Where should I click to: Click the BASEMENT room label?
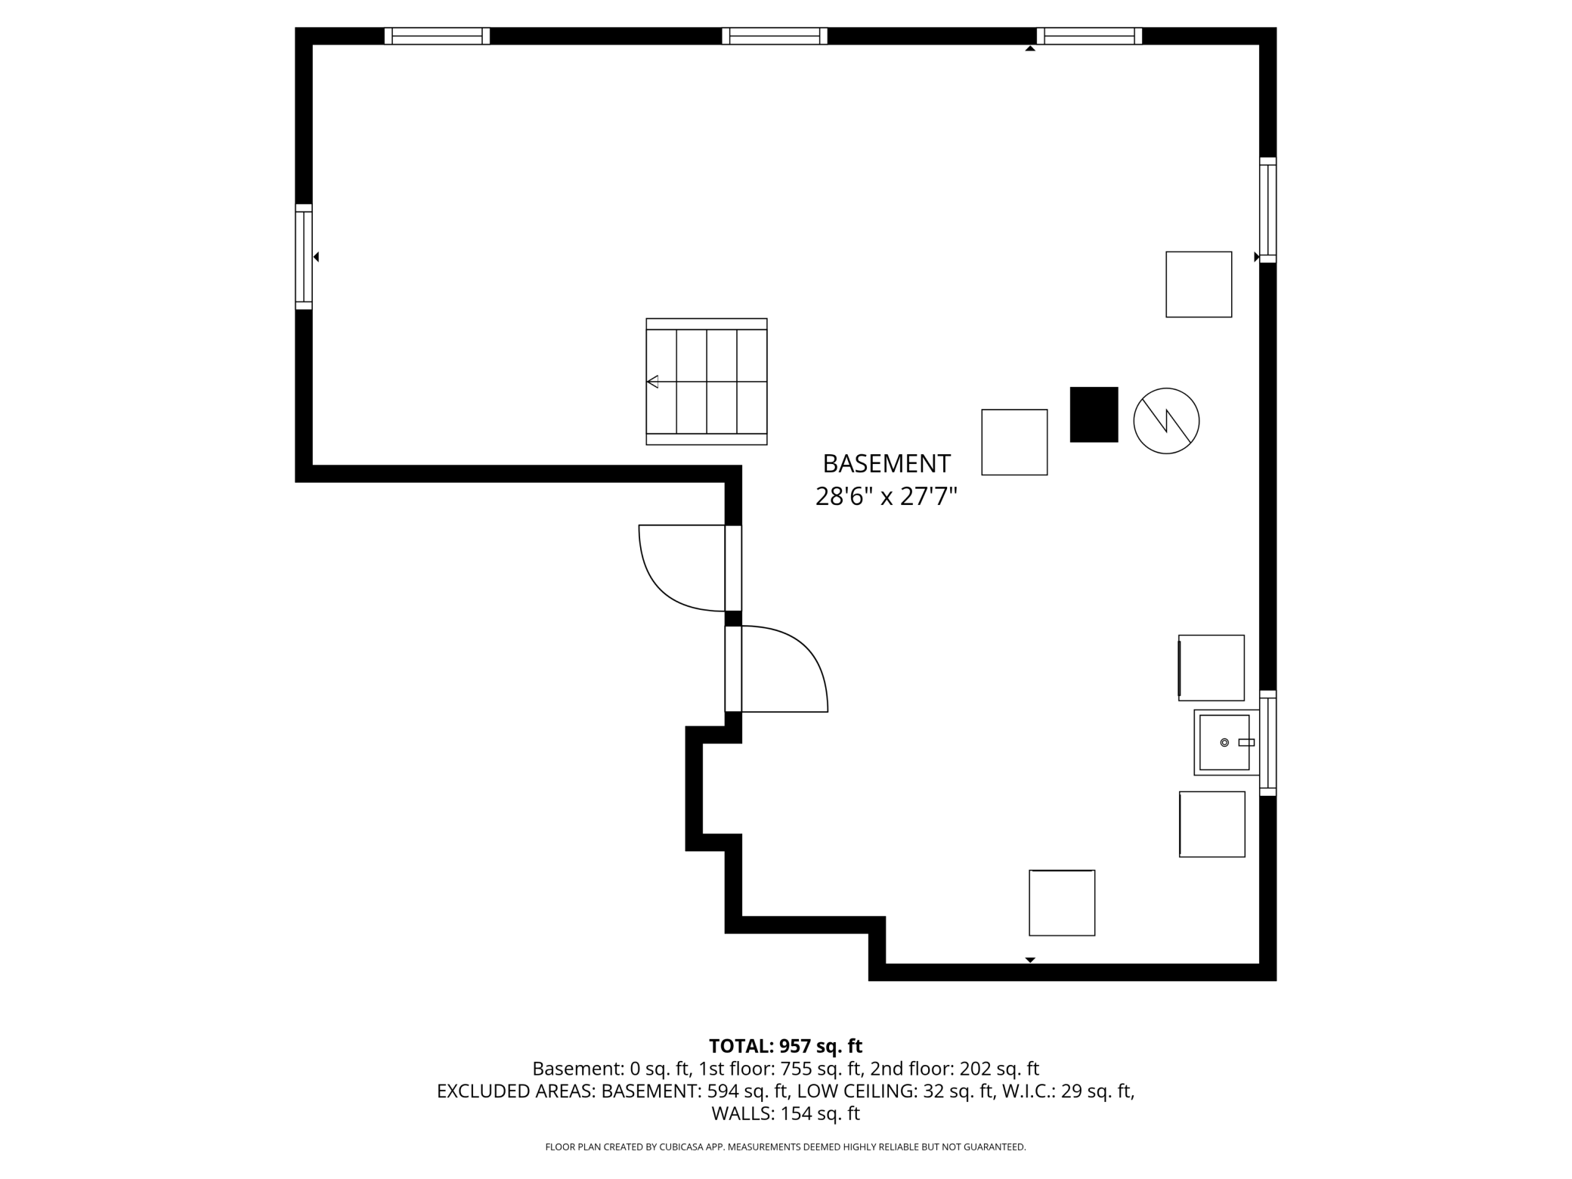click(x=886, y=463)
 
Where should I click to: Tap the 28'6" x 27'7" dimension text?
click(x=886, y=497)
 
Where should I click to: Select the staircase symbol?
click(x=707, y=382)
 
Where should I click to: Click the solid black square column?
click(x=1094, y=414)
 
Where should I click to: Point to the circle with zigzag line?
click(x=1166, y=421)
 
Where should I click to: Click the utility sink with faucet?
click(x=1224, y=742)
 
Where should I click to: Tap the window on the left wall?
click(x=303, y=256)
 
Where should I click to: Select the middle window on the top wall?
click(x=775, y=36)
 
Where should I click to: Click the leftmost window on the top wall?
click(x=437, y=36)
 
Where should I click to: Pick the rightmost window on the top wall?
click(x=1089, y=36)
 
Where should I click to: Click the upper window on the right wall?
click(x=1267, y=210)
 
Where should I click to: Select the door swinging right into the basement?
click(x=782, y=669)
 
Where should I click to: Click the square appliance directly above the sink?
click(x=1211, y=667)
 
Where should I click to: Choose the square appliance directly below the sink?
click(x=1212, y=824)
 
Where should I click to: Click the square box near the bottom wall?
click(x=1062, y=902)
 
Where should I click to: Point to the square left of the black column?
click(x=1014, y=442)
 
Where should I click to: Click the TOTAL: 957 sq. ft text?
click(x=785, y=1046)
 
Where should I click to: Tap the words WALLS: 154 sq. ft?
click(x=785, y=1113)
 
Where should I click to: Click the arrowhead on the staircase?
click(x=653, y=382)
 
